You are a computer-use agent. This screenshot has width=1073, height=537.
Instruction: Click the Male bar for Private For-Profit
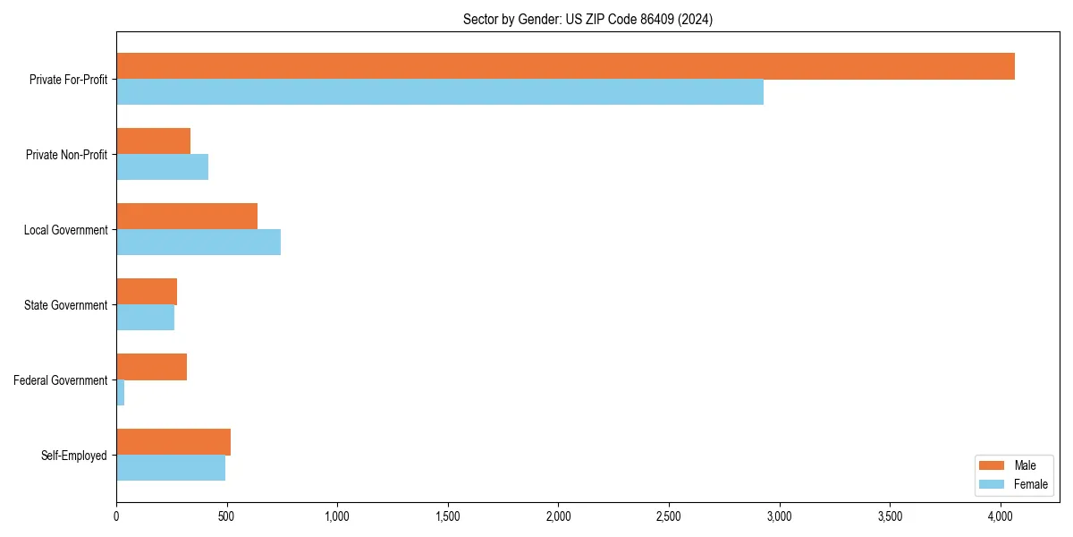pos(565,66)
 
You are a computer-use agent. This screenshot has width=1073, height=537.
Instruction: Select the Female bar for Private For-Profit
pos(440,92)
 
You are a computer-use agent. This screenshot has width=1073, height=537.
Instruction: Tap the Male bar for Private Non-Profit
pos(153,141)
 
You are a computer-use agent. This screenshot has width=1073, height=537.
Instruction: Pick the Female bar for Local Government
pos(199,243)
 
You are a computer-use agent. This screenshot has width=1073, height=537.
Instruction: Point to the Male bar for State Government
pos(147,292)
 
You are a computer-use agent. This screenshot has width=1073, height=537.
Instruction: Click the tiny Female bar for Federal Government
pos(120,393)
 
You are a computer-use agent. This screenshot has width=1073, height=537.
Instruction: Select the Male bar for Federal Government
pos(151,367)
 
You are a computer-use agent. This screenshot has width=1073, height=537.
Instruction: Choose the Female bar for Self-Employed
pos(171,468)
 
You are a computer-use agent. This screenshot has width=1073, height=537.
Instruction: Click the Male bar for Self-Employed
pos(173,442)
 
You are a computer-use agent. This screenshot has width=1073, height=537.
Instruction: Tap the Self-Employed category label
pos(74,456)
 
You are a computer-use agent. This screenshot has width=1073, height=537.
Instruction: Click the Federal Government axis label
pos(61,380)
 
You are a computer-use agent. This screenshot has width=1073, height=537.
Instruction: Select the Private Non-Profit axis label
pos(66,155)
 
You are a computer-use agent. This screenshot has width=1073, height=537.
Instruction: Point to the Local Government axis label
pos(65,230)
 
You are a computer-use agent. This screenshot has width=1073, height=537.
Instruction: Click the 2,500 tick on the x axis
pos(669,516)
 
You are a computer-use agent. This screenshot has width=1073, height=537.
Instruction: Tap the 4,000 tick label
pos(1001,516)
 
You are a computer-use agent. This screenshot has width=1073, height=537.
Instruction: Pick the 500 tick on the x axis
pos(226,516)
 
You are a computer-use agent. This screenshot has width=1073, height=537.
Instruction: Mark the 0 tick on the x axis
pos(116,516)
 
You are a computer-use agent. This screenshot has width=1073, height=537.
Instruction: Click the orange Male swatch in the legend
pos(993,465)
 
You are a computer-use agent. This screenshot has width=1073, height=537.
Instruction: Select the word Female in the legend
pos(1031,484)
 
